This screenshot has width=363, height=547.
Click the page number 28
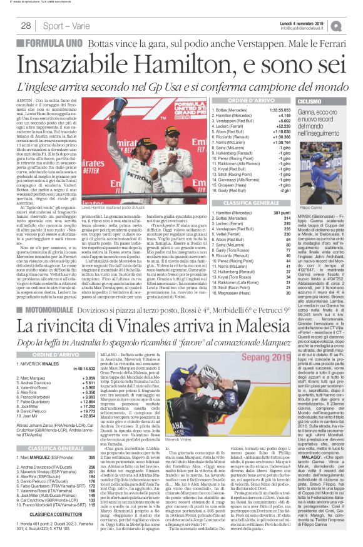coord(26,26)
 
